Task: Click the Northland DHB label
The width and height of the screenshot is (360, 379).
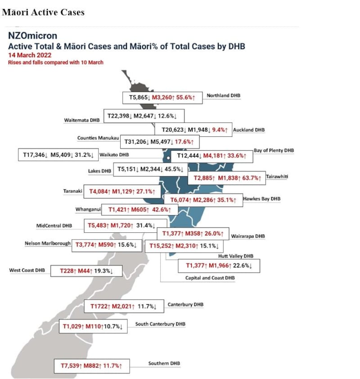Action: point(224,95)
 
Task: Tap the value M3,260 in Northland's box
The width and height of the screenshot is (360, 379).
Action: point(162,97)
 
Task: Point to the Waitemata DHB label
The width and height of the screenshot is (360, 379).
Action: point(81,120)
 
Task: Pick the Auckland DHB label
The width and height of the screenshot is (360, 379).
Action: point(249,130)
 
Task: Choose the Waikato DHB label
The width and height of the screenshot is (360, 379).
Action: point(114,155)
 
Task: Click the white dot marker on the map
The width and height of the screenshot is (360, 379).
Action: point(168,158)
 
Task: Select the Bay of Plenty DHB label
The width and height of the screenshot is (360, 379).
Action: point(274,150)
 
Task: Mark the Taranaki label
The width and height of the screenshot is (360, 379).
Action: point(73,191)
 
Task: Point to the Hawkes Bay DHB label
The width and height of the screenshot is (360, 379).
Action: point(261,199)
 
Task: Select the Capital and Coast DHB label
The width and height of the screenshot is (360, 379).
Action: point(210,278)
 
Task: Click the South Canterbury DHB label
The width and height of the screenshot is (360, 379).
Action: point(160,324)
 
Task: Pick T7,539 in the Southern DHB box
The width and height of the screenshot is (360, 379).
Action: point(70,365)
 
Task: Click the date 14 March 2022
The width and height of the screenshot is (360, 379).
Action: point(30,55)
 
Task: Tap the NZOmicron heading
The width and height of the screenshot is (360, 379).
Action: point(32,36)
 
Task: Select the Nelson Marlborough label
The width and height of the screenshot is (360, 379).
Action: point(48,244)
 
